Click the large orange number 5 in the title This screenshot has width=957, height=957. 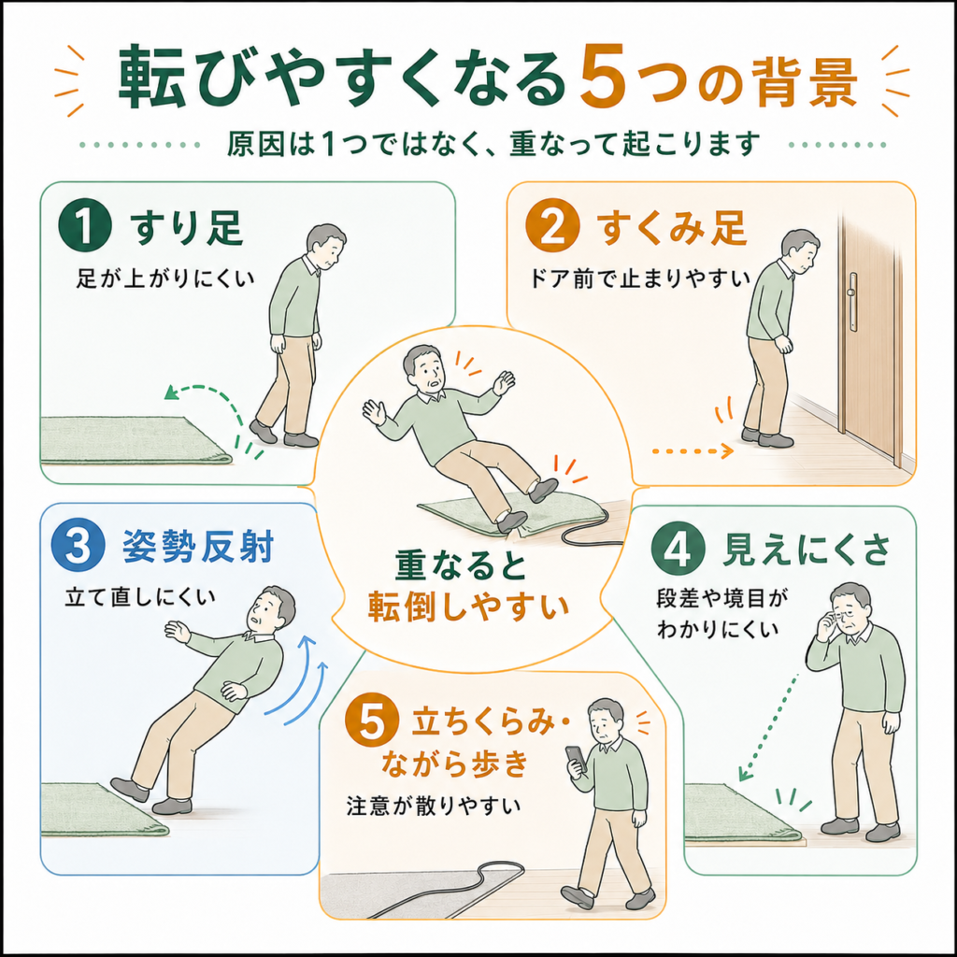pyautogui.click(x=603, y=78)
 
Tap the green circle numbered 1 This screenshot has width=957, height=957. pyautogui.click(x=85, y=226)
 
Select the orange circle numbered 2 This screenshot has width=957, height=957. pyautogui.click(x=551, y=226)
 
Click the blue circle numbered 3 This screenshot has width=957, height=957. pyautogui.click(x=78, y=545)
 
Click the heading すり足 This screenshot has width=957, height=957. pyautogui.click(x=187, y=227)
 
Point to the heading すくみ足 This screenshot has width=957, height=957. pyautogui.click(x=671, y=227)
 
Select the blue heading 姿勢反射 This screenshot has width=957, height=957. pyautogui.click(x=198, y=546)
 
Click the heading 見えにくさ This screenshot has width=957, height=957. pyautogui.click(x=805, y=549)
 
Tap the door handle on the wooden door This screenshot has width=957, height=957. pyautogui.click(x=852, y=302)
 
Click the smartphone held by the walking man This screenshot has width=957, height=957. pyautogui.click(x=576, y=759)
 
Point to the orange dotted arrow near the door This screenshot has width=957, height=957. pyautogui.click(x=693, y=451)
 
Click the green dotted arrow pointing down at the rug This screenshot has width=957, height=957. pyautogui.click(x=768, y=727)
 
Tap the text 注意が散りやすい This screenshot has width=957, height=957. pyautogui.click(x=434, y=806)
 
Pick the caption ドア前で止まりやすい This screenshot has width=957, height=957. pyautogui.click(x=639, y=279)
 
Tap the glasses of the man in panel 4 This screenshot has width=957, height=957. pyautogui.click(x=847, y=615)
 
